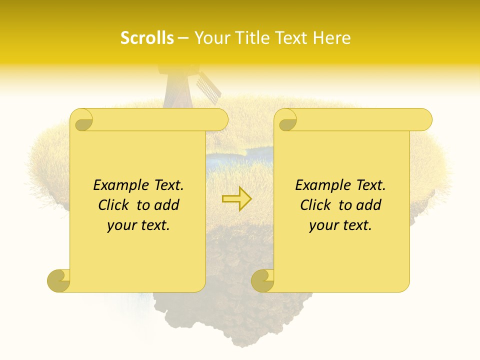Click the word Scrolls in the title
click(x=147, y=38)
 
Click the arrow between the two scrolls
click(x=236, y=198)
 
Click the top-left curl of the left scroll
click(x=82, y=120)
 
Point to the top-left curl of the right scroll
click(x=286, y=120)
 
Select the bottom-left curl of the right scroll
click(x=262, y=280)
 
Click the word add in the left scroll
click(x=167, y=205)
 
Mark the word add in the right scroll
click(x=369, y=205)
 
